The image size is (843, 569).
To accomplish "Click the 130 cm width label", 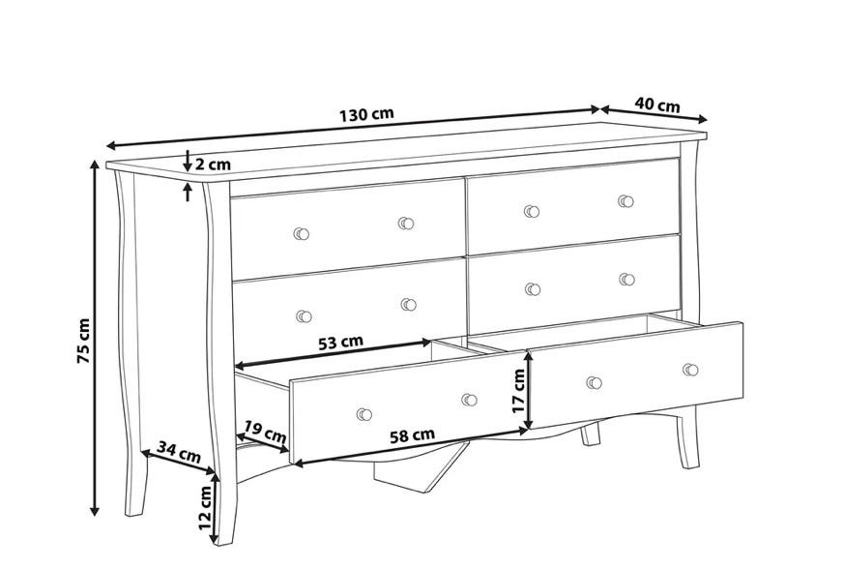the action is tap(366, 114).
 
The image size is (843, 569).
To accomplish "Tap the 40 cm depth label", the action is tap(657, 105).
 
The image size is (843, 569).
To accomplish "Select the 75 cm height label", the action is tap(83, 341).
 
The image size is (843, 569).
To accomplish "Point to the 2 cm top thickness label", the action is tap(213, 165).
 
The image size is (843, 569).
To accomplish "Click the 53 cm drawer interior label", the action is tap(341, 343).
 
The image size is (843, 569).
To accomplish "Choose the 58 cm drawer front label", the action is tap(413, 435).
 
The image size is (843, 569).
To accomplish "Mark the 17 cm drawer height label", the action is tap(518, 391).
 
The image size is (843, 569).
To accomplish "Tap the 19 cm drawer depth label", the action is tap(265, 432).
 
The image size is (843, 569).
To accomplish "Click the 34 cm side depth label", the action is tap(179, 452).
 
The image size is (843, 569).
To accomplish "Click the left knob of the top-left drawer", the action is tap(302, 233).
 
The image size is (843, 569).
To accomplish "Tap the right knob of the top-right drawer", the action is tap(625, 201).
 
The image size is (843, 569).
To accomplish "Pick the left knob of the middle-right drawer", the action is tap(533, 289).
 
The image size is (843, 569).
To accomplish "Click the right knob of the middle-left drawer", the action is tap(409, 305).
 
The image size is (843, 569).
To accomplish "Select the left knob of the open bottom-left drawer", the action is tap(364, 414).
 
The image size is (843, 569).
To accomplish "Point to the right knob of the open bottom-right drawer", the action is tap(691, 370).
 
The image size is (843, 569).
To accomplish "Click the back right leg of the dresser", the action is tap(591, 434).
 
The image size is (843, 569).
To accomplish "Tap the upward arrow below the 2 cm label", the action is tap(188, 192).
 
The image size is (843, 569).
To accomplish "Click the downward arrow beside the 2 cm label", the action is tap(188, 160).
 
